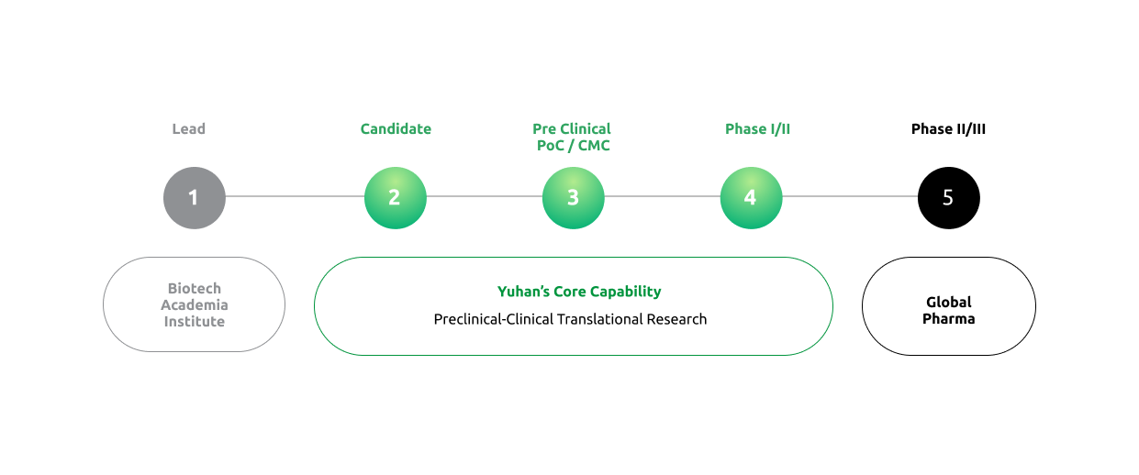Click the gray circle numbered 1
click(x=195, y=197)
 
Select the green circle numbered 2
click(x=395, y=197)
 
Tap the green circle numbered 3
click(x=573, y=197)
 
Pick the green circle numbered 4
click(x=751, y=197)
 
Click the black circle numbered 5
click(x=948, y=197)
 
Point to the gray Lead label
click(x=188, y=129)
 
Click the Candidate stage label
click(x=396, y=129)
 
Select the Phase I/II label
click(x=757, y=129)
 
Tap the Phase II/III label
click(x=948, y=129)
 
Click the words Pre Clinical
click(x=572, y=129)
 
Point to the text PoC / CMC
click(x=573, y=146)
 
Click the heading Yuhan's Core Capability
click(x=579, y=292)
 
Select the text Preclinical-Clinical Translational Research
click(x=570, y=319)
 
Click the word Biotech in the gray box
click(x=195, y=289)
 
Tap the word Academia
click(x=195, y=305)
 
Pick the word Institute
click(x=195, y=322)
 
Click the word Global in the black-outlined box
click(x=948, y=303)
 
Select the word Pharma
click(x=948, y=319)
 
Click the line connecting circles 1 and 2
click(x=295, y=196)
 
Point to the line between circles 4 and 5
click(x=850, y=196)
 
